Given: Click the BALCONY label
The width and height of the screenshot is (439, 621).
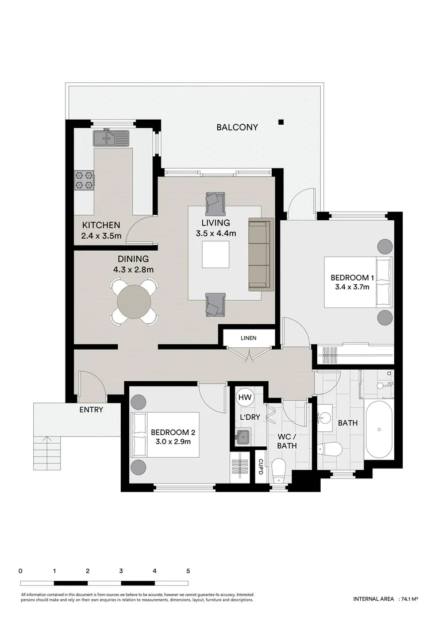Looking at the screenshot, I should coord(237,127).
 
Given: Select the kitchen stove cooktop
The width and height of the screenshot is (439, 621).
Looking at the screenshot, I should coord(83,181).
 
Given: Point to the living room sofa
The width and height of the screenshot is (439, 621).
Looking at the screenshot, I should coord(259,255).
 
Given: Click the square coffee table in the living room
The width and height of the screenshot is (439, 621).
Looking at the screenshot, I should coord(215,255).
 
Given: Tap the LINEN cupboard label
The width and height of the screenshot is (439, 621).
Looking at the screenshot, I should coord(249,338).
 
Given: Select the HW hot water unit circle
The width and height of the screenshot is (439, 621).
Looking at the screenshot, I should coord(245,397).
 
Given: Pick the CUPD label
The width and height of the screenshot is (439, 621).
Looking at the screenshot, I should coord(261,467).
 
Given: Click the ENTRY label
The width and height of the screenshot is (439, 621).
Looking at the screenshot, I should coord(91,410).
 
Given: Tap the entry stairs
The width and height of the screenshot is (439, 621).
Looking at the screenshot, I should coord(48,448).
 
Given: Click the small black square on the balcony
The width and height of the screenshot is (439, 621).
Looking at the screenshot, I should coord(281,121).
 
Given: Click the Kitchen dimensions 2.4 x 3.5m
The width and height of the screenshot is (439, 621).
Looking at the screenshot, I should coord(101,235).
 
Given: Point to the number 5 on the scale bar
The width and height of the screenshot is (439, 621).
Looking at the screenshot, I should coord(188,571).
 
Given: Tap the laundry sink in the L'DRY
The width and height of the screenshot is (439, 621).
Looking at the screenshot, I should coord(243,436).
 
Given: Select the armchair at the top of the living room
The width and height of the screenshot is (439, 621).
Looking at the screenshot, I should coord(215,201).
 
